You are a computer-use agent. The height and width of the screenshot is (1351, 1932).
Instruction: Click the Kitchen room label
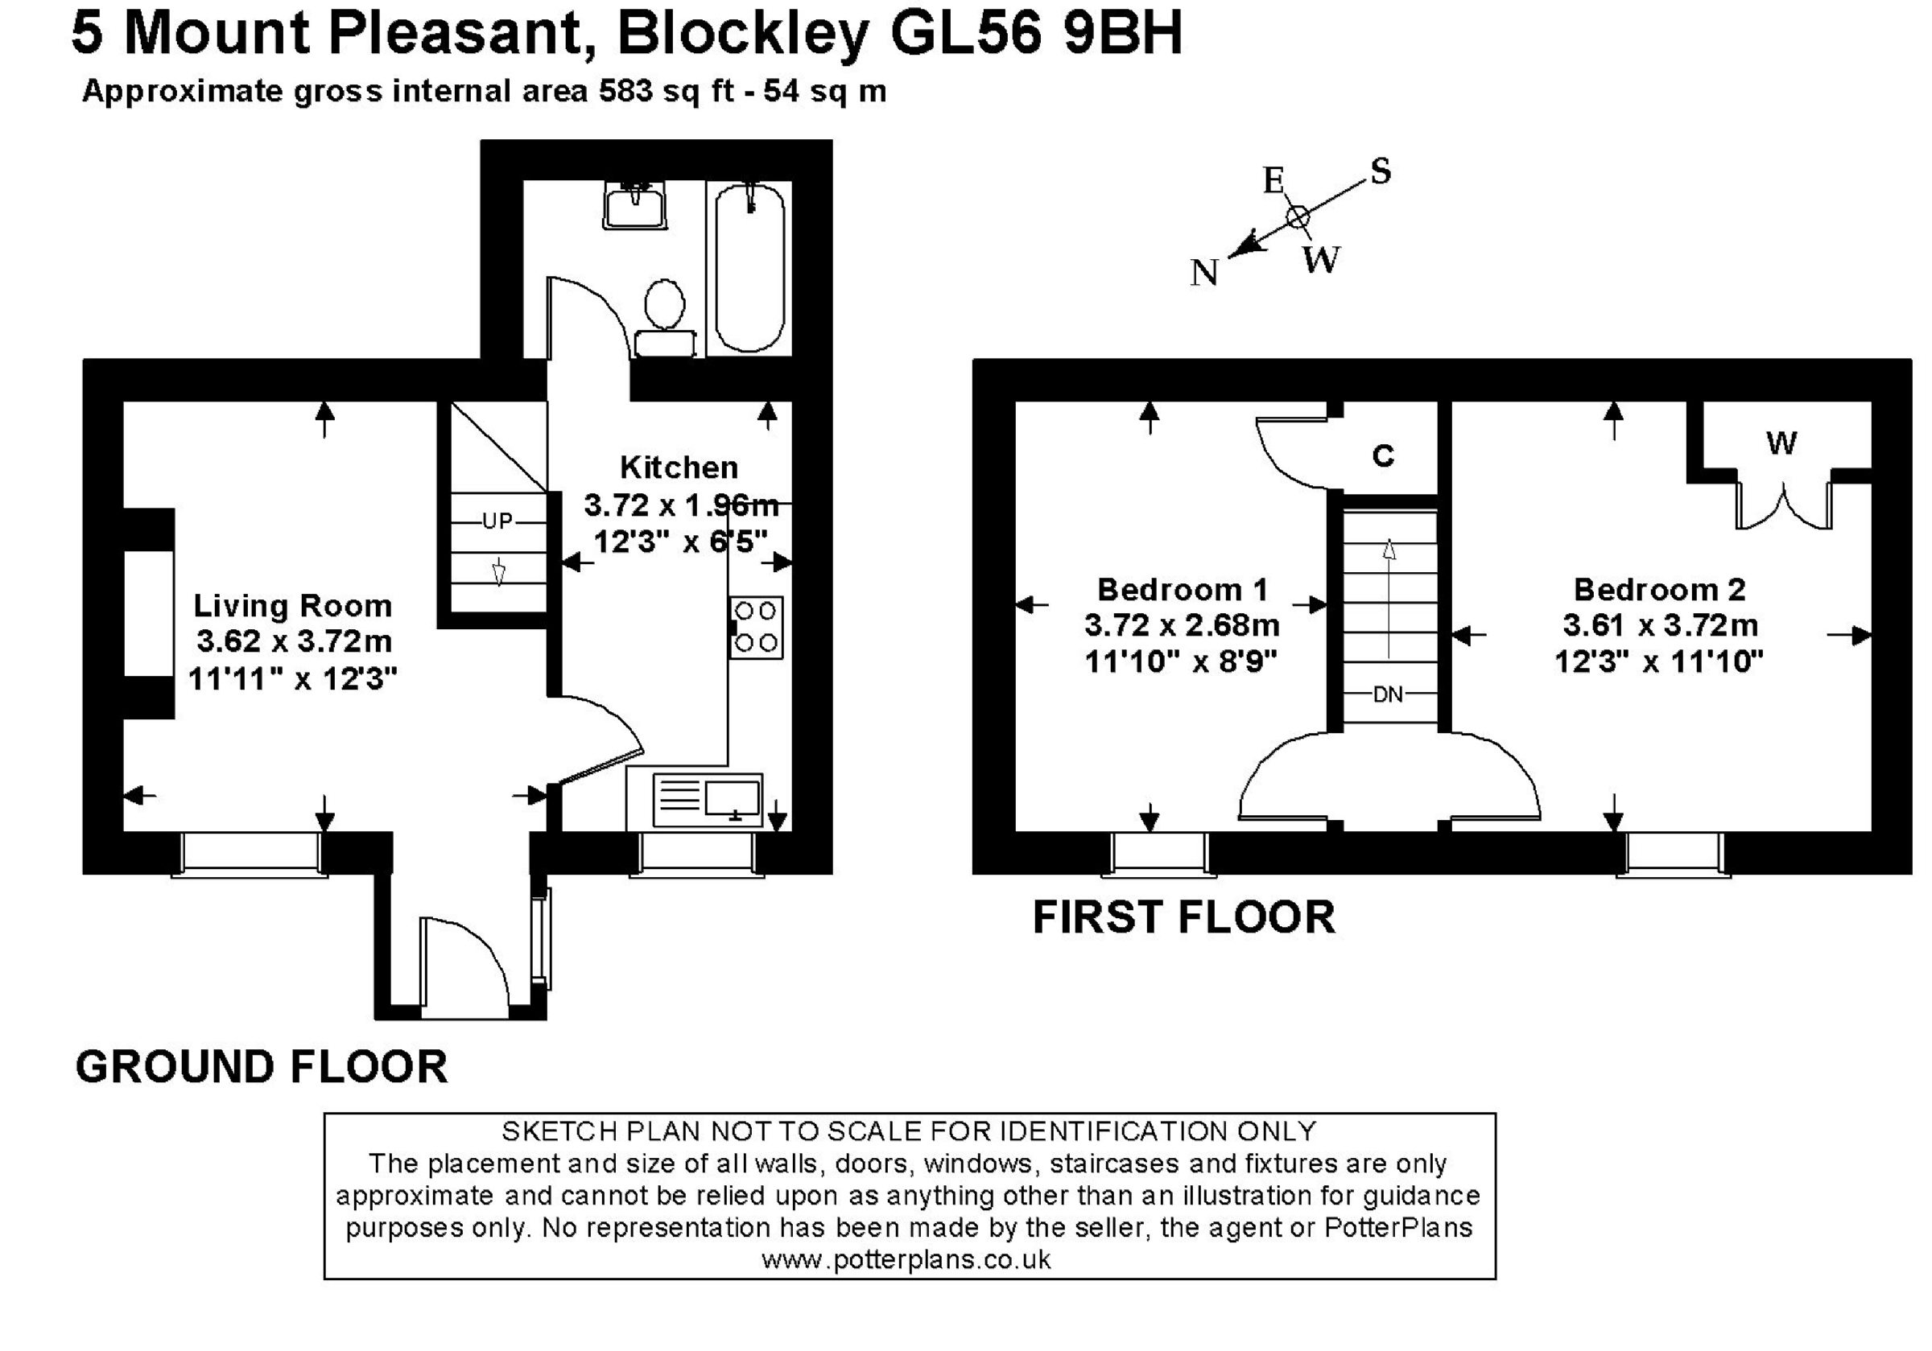tap(679, 467)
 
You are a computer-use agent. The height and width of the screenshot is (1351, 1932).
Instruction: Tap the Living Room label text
tap(293, 606)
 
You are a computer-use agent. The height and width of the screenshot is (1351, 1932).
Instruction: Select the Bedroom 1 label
tap(1183, 590)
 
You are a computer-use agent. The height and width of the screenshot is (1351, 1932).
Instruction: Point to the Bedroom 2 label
tap(1659, 590)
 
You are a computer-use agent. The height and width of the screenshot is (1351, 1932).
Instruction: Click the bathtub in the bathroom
tap(749, 267)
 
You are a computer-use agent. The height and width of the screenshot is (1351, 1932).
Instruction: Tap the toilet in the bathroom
tap(665, 318)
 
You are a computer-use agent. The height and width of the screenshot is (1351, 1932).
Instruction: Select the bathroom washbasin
tap(636, 204)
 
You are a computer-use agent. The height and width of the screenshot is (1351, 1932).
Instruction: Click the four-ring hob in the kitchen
tap(756, 628)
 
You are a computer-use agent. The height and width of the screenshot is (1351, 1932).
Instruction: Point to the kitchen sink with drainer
tap(708, 800)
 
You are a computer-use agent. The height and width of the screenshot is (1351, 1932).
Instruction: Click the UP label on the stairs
tap(497, 521)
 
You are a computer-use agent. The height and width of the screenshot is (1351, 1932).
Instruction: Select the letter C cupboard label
tap(1383, 455)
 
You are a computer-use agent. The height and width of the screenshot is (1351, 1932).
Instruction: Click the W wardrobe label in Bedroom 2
tap(1781, 443)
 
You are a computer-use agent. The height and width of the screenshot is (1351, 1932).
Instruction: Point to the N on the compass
tap(1204, 273)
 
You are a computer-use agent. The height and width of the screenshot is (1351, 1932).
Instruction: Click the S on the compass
tap(1381, 171)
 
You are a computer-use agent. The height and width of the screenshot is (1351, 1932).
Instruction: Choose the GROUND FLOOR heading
tap(262, 1066)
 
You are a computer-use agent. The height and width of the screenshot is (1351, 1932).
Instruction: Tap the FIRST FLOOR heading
tap(1183, 917)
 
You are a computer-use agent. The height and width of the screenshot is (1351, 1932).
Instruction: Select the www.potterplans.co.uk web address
tap(906, 1259)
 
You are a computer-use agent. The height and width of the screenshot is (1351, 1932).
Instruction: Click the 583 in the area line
tap(626, 91)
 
